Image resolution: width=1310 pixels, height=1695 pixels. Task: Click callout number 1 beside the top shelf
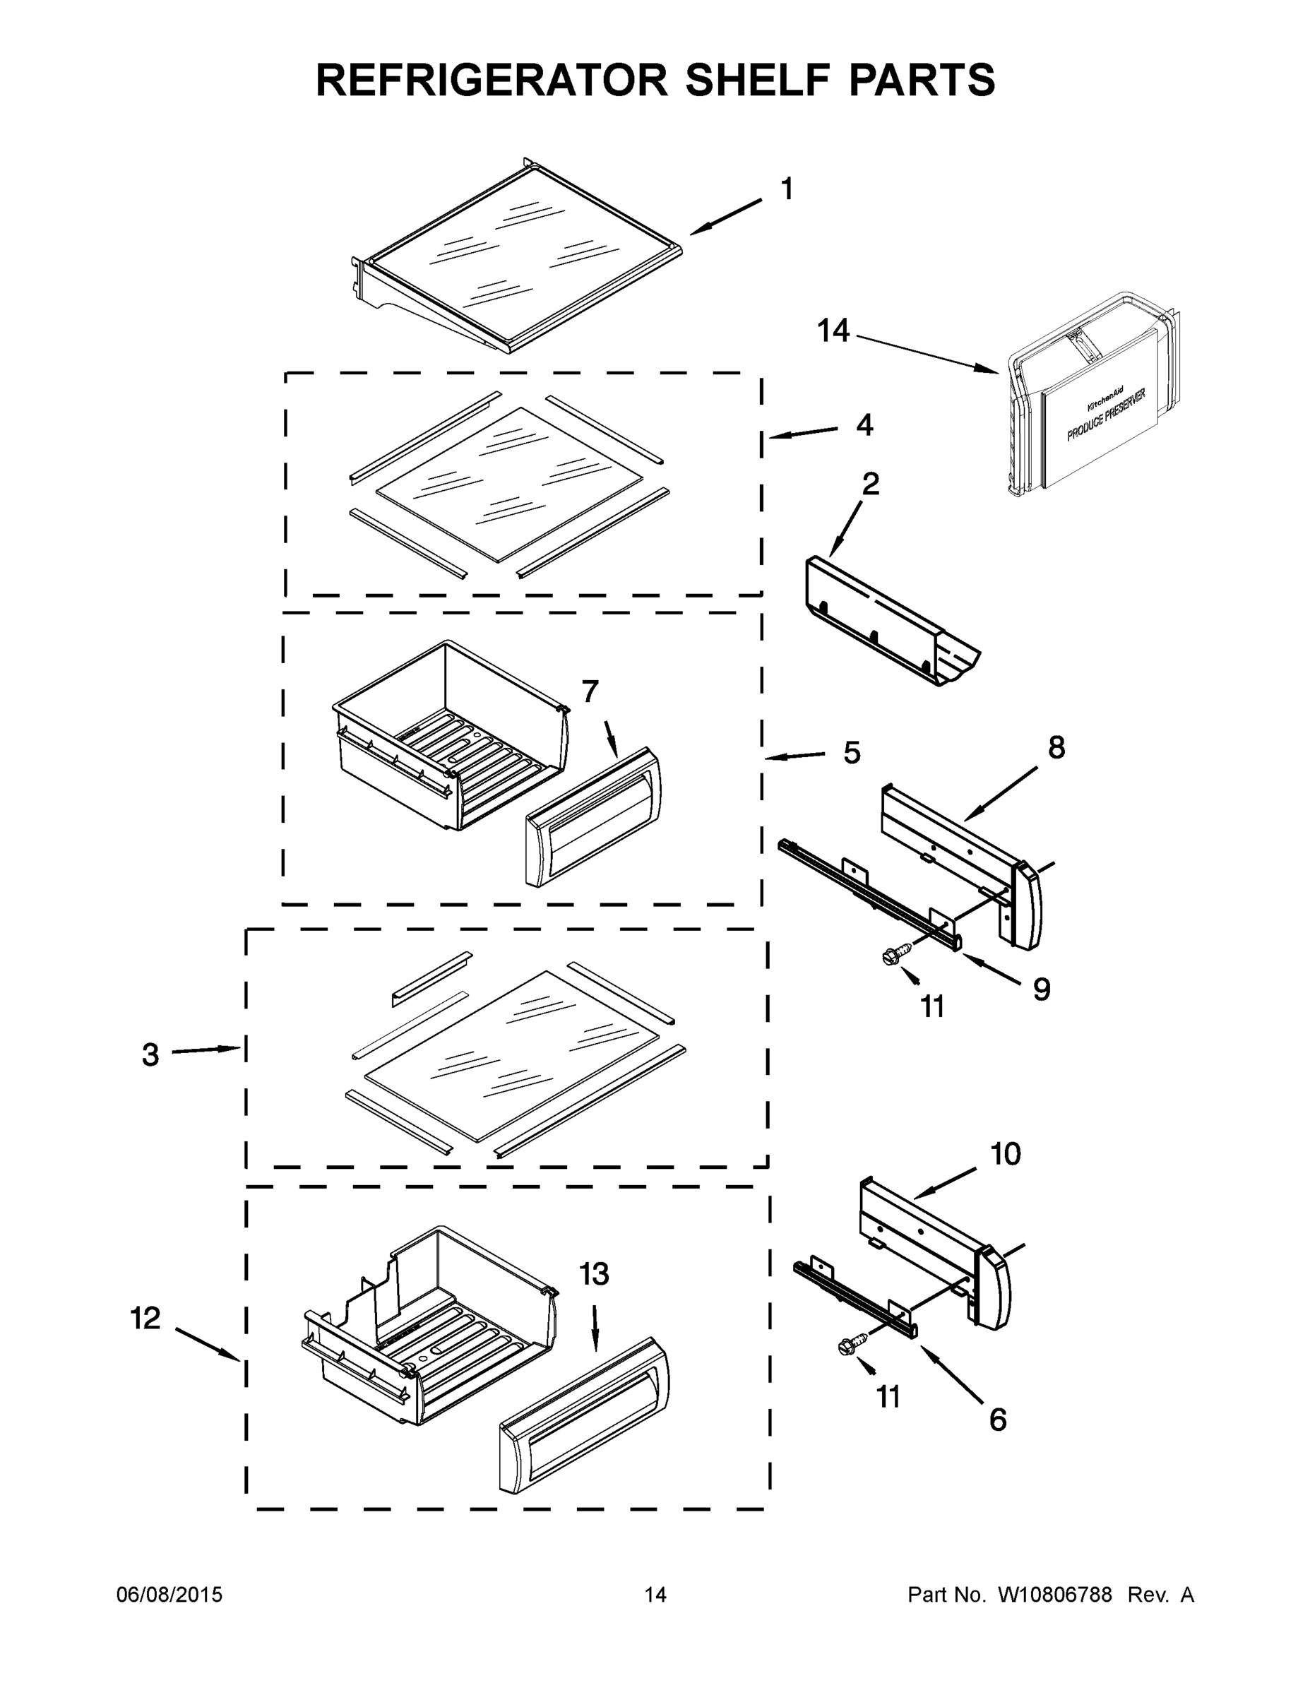pyautogui.click(x=786, y=189)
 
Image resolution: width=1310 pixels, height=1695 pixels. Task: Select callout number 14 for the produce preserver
pyautogui.click(x=833, y=331)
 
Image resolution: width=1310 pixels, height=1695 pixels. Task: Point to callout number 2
pyautogui.click(x=871, y=484)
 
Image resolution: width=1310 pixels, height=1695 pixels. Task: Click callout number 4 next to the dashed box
pyautogui.click(x=864, y=425)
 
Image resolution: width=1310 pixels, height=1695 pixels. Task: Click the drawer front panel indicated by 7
pyautogui.click(x=594, y=816)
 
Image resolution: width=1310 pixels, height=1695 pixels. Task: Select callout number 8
pyautogui.click(x=1056, y=747)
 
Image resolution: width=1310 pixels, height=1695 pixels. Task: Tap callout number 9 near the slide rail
pyautogui.click(x=1042, y=989)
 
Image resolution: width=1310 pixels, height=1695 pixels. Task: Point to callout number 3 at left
pyautogui.click(x=150, y=1054)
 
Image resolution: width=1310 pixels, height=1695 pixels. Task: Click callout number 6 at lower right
pyautogui.click(x=997, y=1420)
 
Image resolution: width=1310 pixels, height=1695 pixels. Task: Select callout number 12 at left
pyautogui.click(x=145, y=1318)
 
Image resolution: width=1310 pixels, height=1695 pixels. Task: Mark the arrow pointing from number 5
pyautogui.click(x=795, y=755)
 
